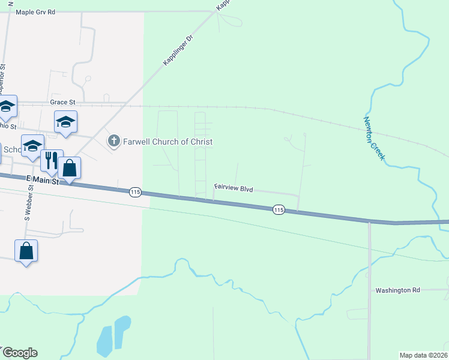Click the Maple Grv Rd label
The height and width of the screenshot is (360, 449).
click(35, 12)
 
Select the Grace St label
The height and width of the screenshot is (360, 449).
click(62, 103)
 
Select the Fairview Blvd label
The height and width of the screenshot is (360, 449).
click(234, 189)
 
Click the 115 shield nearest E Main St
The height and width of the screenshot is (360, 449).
click(134, 192)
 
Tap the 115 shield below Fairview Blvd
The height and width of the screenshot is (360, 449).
click(278, 209)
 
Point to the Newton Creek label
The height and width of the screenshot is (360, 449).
click(373, 138)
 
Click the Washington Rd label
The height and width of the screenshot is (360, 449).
click(397, 290)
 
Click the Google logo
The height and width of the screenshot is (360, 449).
click(19, 353)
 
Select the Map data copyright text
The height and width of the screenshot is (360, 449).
click(424, 355)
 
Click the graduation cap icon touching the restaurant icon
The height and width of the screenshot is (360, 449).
click(33, 146)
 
